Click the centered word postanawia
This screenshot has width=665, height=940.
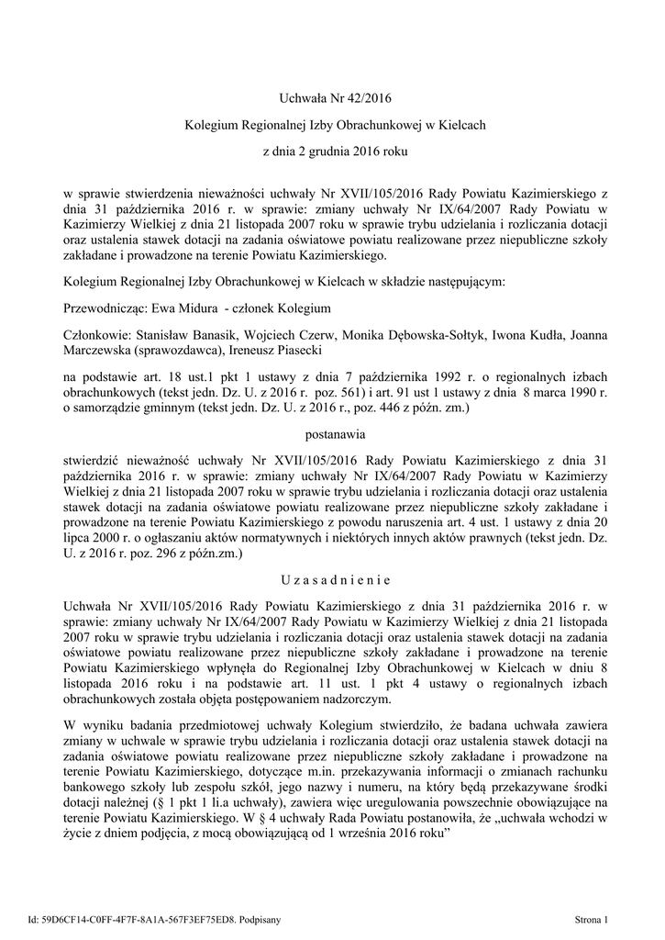(332, 430)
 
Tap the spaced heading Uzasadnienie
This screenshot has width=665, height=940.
(332, 580)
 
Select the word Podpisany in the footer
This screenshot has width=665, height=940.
(259, 918)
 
